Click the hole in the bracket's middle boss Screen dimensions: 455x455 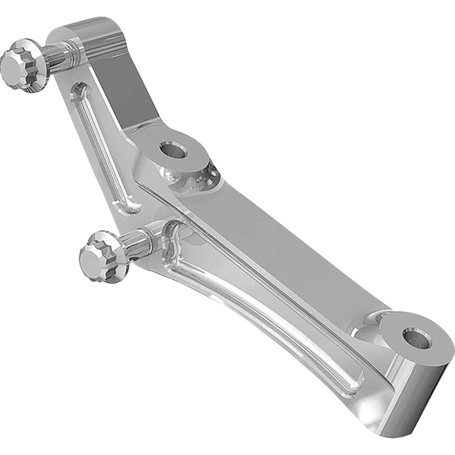[x=173, y=151]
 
